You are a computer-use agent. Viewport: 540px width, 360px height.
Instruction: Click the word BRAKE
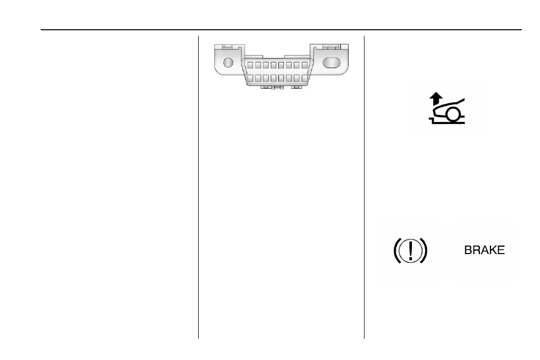coord(484,251)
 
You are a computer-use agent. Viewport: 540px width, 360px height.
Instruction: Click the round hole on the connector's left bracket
coord(228,63)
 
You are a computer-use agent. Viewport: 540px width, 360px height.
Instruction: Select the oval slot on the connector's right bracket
coord(331,63)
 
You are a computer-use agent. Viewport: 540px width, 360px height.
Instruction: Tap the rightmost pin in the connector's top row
coord(305,65)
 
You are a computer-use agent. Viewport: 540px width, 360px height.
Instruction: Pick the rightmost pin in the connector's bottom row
coord(305,79)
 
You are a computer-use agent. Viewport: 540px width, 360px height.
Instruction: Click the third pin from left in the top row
coord(265,65)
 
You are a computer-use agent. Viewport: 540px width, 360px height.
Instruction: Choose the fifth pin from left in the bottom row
coord(281,79)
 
